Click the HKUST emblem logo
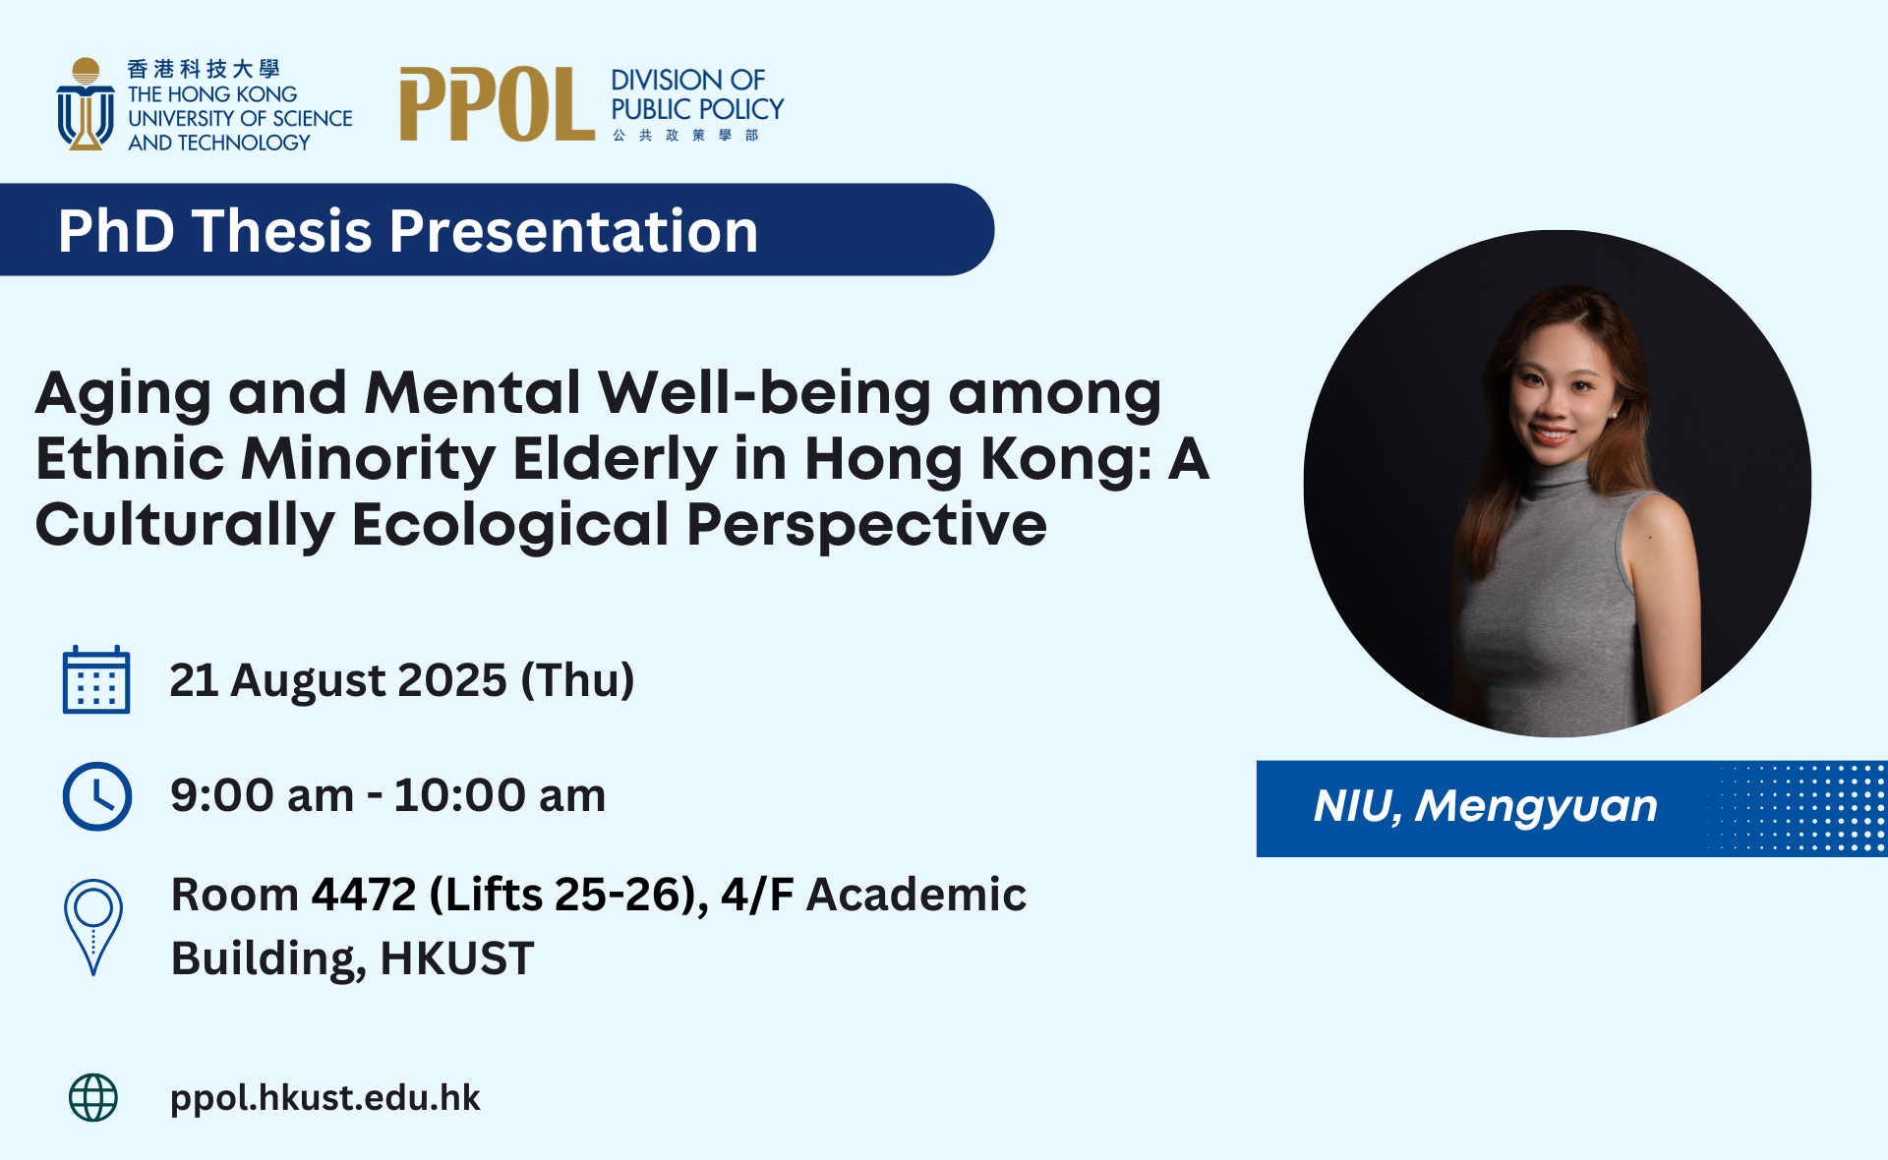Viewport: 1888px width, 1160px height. pos(86,104)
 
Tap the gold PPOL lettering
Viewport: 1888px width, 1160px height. pos(497,104)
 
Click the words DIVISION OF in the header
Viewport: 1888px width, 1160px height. pos(687,80)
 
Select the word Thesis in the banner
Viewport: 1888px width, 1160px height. pos(282,231)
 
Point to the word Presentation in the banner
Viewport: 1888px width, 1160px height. pos(574,231)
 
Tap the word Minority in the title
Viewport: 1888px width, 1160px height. pos(369,460)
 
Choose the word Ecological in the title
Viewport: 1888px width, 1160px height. pos(510,524)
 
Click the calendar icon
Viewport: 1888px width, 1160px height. pos(96,679)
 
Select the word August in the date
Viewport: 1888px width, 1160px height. pos(307,681)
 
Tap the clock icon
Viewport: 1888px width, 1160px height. pos(97,795)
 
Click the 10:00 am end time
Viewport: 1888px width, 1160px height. pos(500,795)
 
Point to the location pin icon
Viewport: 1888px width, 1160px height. pos(93,927)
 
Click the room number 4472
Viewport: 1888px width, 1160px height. pos(364,895)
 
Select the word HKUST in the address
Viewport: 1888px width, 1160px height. pos(457,958)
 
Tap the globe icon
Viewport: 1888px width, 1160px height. pos(93,1097)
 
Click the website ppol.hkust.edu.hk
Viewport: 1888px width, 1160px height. pos(325,1098)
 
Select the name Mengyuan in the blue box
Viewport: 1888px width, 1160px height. pos(1536,807)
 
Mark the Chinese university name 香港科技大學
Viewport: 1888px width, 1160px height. pos(204,69)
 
